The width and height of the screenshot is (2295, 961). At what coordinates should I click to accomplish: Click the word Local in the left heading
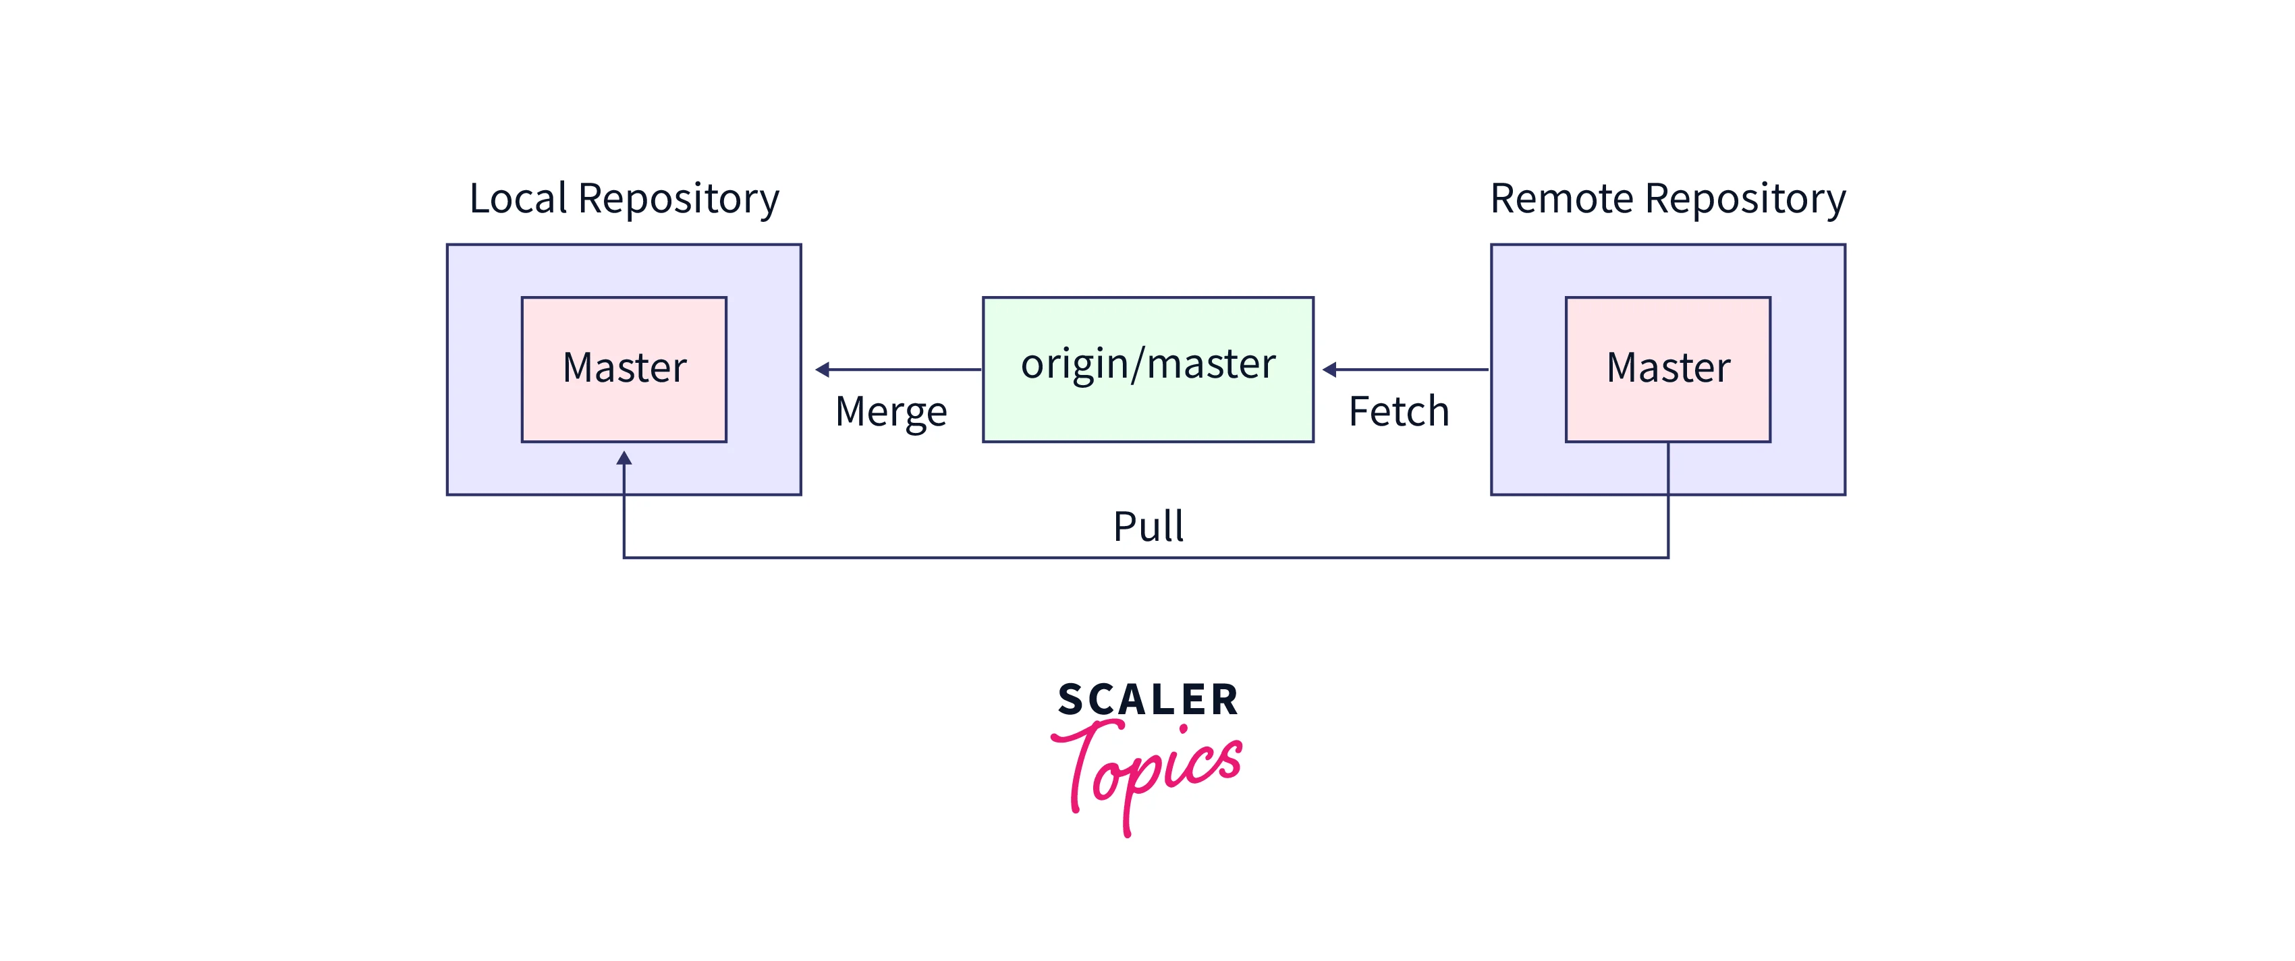click(518, 199)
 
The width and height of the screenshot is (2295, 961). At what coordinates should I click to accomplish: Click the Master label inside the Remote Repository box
click(1668, 368)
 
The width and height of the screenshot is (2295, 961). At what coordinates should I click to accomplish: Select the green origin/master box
click(1147, 410)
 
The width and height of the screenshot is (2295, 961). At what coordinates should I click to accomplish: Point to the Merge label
click(891, 412)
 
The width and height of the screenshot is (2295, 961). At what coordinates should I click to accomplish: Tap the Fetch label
click(1399, 411)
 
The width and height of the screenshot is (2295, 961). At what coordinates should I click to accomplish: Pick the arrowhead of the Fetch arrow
click(1329, 370)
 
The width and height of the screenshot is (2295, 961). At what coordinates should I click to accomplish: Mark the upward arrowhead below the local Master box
click(624, 458)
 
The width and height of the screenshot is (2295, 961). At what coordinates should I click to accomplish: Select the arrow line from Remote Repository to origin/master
click(1416, 370)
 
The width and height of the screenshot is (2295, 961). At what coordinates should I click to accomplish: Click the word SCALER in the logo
click(1147, 700)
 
